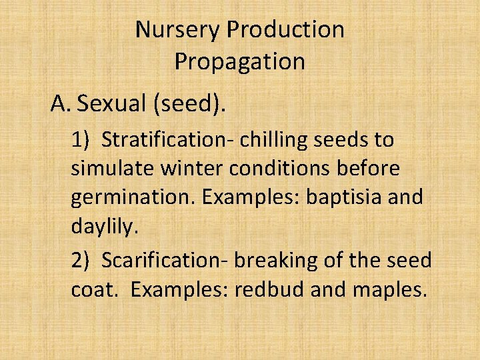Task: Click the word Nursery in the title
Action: (177, 30)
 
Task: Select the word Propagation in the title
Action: (239, 62)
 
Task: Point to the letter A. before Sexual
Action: (61, 104)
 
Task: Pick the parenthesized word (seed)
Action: (194, 105)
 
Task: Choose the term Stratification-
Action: (168, 141)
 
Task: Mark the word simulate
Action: (113, 169)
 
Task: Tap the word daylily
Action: (104, 227)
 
